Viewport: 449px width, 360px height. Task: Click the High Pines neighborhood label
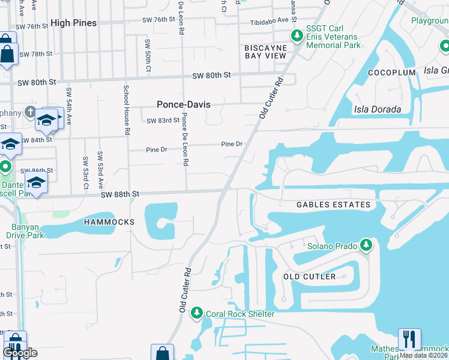pyautogui.click(x=74, y=23)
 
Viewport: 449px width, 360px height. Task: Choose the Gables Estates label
pyautogui.click(x=333, y=205)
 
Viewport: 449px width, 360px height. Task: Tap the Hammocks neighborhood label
pyautogui.click(x=109, y=222)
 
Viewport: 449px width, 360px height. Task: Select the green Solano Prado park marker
pyautogui.click(x=365, y=246)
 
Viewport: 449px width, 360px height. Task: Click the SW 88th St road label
pyautogui.click(x=120, y=194)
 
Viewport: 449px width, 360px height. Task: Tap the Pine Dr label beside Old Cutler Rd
pyautogui.click(x=231, y=144)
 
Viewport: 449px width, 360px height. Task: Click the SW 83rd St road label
pyautogui.click(x=163, y=121)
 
